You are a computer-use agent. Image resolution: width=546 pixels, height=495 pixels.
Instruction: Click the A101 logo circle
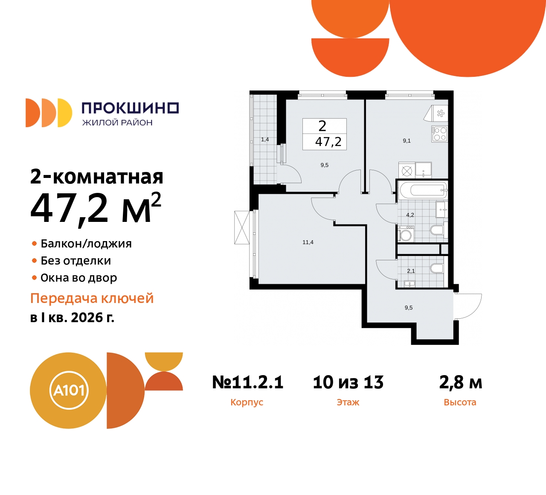(x=68, y=390)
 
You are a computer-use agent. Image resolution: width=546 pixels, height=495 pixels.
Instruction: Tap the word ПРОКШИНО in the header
(x=130, y=108)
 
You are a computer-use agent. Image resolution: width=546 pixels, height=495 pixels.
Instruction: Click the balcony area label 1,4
(x=265, y=140)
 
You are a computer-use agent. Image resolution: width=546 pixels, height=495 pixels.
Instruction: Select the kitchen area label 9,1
(x=407, y=141)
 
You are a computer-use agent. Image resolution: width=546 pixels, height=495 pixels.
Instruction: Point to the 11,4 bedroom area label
(x=308, y=242)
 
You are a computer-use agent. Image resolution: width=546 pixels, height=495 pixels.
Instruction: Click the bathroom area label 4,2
(x=410, y=215)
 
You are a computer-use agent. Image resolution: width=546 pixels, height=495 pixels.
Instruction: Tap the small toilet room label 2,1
(x=411, y=271)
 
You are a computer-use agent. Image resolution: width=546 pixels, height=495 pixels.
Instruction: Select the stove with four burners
(x=439, y=134)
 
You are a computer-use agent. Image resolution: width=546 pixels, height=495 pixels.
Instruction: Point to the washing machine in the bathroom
(x=406, y=235)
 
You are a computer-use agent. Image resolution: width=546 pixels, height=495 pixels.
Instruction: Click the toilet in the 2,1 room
(x=437, y=268)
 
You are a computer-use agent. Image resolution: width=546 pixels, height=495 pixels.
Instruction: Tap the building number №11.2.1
(x=248, y=382)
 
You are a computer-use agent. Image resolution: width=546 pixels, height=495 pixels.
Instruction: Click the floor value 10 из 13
(x=348, y=382)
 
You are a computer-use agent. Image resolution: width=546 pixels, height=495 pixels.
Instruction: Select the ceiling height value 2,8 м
(x=461, y=382)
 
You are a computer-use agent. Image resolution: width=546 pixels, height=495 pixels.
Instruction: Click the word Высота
(x=460, y=402)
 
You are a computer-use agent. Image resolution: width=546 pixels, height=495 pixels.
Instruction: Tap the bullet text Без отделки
(x=76, y=261)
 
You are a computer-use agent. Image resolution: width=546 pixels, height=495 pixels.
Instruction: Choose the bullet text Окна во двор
(x=78, y=278)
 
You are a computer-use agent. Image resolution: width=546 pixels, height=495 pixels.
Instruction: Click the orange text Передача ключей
(x=92, y=298)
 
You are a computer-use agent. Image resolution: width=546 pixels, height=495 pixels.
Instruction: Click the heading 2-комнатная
(x=97, y=177)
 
